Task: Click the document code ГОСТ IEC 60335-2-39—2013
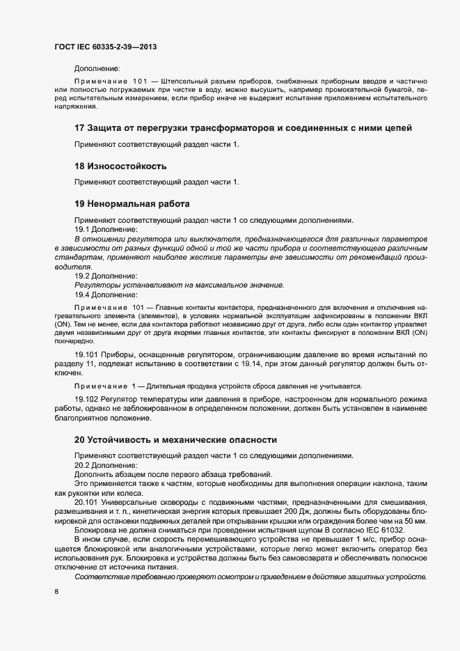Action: point(104,46)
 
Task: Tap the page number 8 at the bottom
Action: point(56,592)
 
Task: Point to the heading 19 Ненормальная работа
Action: point(132,204)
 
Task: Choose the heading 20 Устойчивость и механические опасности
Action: point(175,440)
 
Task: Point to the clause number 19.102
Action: point(85,398)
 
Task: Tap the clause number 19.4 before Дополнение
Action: point(82,295)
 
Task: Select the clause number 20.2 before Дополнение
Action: point(82,465)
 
